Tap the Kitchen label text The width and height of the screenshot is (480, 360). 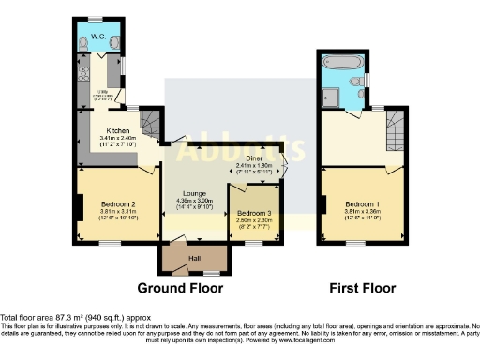click(x=117, y=130)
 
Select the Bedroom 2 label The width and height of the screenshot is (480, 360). click(x=120, y=204)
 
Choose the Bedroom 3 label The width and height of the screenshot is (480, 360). click(x=255, y=214)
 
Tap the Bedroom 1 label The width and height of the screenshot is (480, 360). click(x=362, y=204)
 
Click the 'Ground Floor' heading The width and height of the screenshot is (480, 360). click(x=179, y=287)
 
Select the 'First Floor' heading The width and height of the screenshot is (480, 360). click(x=361, y=287)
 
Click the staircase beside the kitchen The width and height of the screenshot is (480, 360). click(x=150, y=122)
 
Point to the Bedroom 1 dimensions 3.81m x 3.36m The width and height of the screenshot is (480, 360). click(x=362, y=212)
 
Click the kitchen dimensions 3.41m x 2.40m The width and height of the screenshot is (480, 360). click(x=117, y=139)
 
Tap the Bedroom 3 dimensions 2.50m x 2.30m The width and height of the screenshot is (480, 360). click(x=255, y=221)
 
